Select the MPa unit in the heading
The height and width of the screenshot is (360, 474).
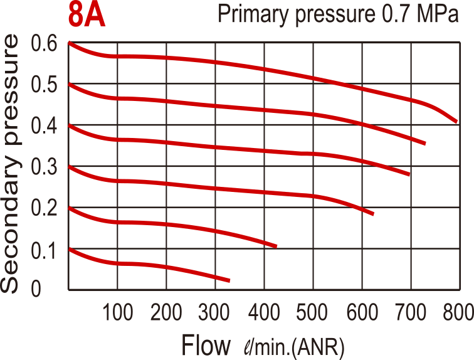click(x=439, y=14)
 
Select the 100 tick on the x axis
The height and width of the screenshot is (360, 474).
click(x=117, y=312)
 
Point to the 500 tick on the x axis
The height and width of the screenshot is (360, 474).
click(x=313, y=312)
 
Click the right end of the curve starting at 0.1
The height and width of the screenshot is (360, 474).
click(x=229, y=280)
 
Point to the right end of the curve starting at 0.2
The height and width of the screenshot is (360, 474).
click(x=276, y=246)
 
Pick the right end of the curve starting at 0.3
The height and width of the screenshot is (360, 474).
click(x=374, y=214)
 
